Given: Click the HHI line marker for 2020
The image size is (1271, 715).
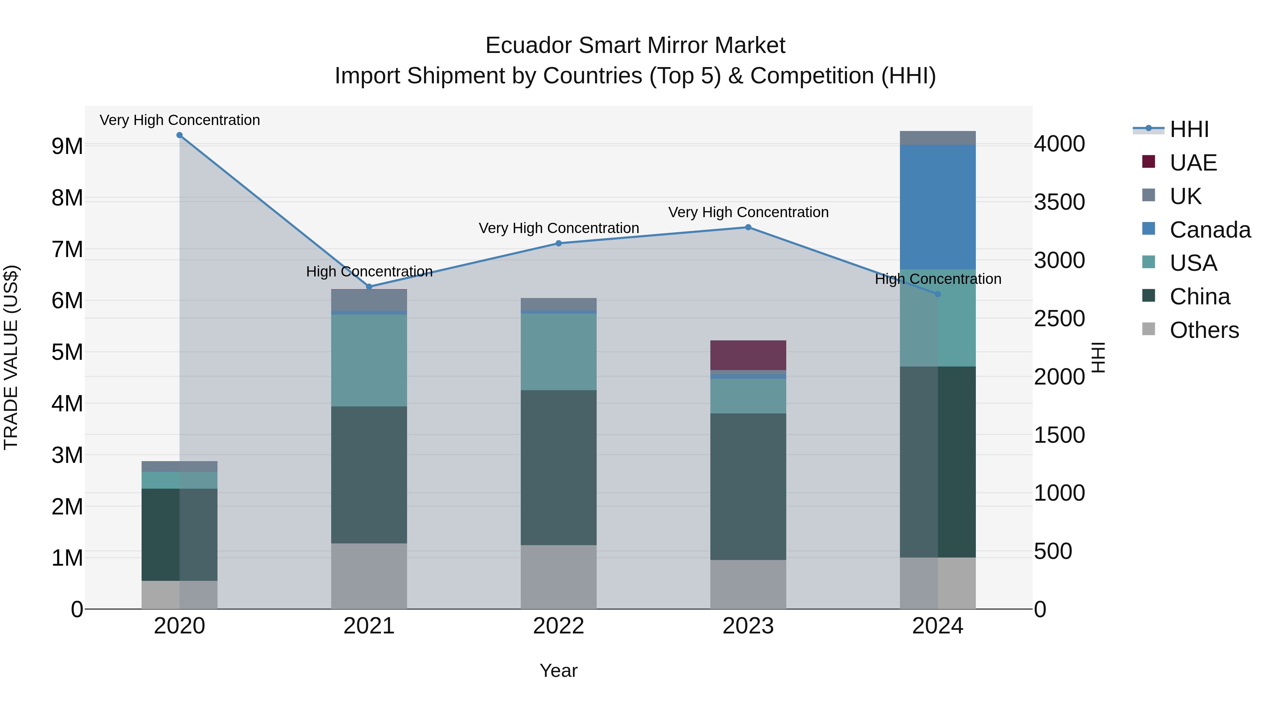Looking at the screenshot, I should [180, 135].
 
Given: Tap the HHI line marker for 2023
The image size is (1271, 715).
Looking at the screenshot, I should [748, 227].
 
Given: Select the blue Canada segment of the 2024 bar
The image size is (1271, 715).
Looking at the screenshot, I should [937, 207].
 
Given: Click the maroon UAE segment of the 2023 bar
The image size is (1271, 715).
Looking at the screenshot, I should [748, 355].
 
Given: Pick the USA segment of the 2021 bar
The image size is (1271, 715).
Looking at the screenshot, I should [369, 360].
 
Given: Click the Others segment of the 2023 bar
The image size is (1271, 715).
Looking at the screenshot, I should [748, 584].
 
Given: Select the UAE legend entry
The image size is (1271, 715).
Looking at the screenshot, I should [1193, 163].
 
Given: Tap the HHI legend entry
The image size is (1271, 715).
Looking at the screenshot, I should [1189, 129].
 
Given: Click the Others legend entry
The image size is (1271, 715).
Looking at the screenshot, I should [1204, 330].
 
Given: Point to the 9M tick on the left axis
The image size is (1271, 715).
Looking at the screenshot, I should [67, 146].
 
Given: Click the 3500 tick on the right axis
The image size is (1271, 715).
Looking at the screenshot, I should [1059, 202].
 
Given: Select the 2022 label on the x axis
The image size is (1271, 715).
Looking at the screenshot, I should [559, 626].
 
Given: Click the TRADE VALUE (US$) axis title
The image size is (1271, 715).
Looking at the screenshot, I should [11, 357].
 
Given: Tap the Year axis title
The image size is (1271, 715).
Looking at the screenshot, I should [559, 671].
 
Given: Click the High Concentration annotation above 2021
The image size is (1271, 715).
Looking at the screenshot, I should [369, 272].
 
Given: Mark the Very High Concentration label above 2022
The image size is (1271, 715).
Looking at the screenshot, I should [559, 228].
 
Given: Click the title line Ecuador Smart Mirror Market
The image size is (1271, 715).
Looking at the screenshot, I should [635, 46].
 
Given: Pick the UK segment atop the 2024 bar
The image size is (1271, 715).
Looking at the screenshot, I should [937, 138].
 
